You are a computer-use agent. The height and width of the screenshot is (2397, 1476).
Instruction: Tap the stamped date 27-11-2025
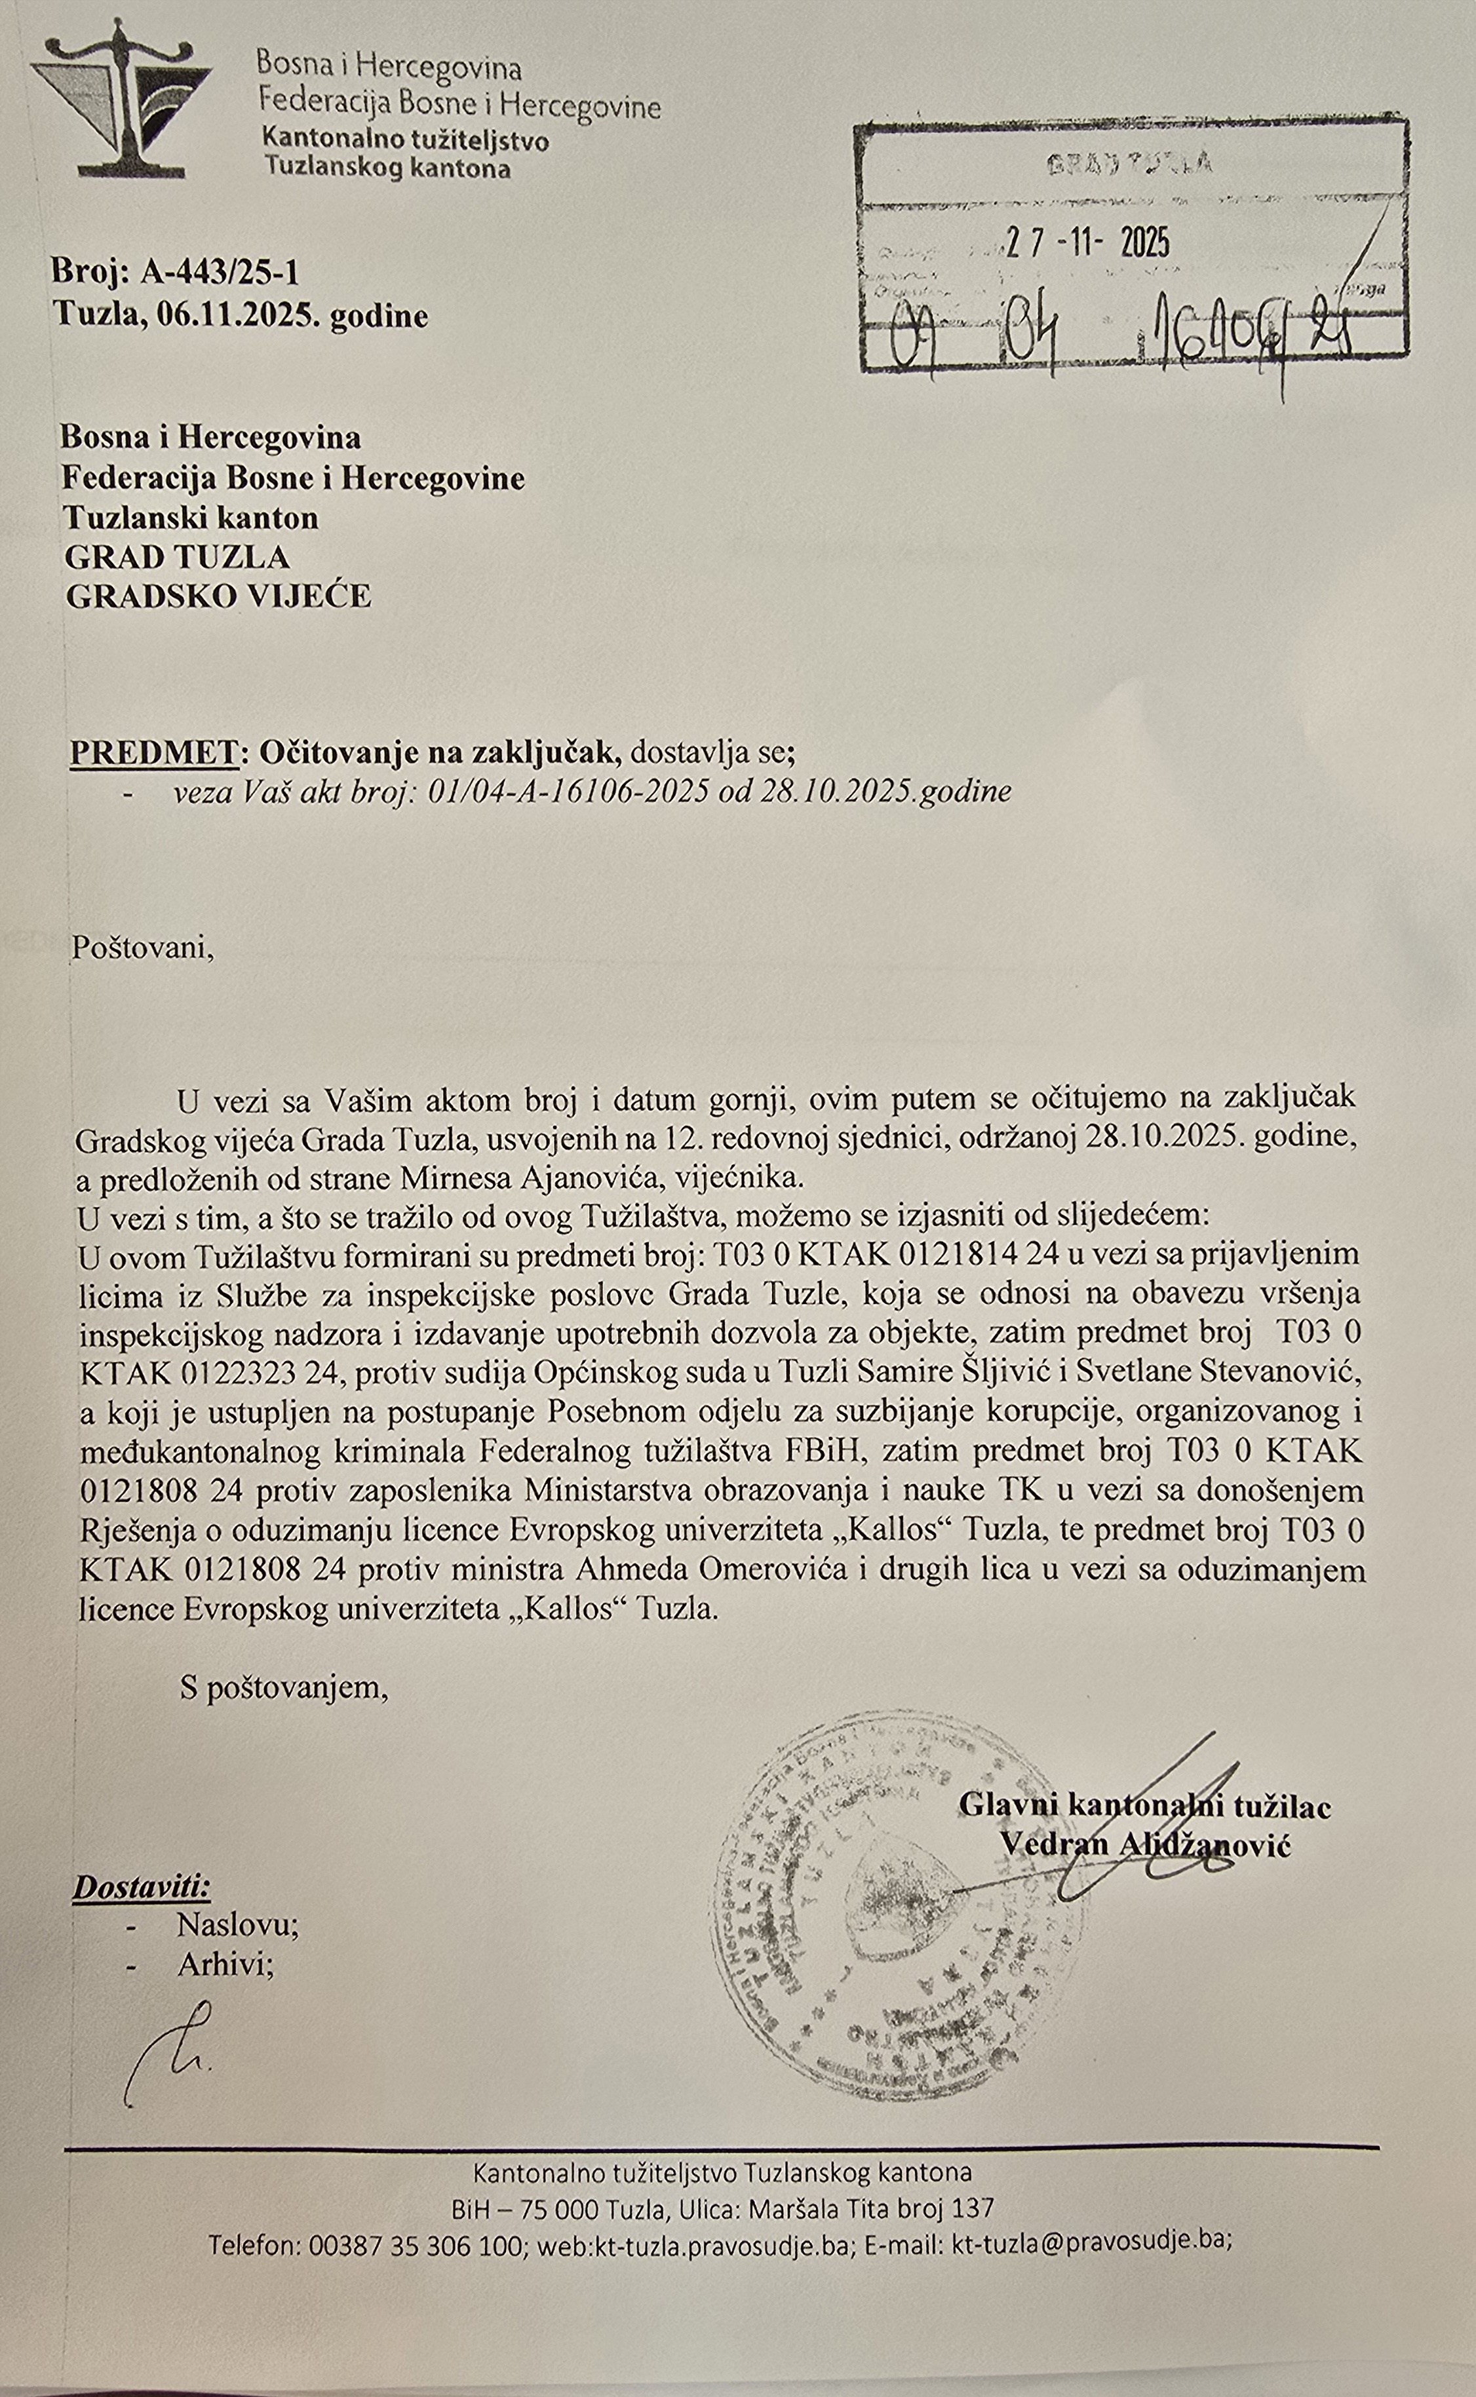[x=1087, y=242]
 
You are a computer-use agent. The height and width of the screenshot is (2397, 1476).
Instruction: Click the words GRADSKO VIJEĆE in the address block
[x=219, y=596]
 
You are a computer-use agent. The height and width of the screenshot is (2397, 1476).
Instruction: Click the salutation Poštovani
[x=142, y=947]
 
